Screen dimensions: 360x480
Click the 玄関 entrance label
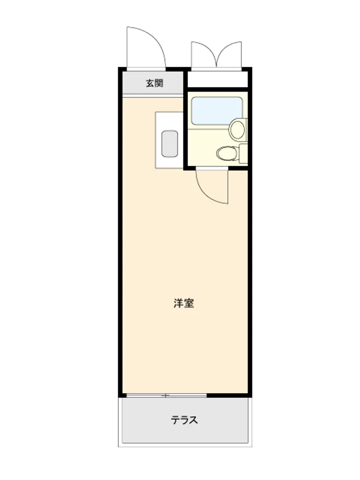[155, 83]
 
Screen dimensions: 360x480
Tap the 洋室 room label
[184, 303]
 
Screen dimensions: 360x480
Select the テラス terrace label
[184, 420]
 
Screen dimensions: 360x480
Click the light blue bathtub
[217, 110]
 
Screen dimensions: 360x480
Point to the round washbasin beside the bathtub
[237, 129]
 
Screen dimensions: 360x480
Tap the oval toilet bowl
[227, 153]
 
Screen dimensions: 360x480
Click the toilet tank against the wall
[243, 154]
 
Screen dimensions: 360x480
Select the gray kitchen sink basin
[169, 144]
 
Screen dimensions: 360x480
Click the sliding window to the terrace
[167, 396]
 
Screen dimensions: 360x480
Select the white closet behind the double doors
[217, 79]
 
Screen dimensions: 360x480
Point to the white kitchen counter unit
[169, 140]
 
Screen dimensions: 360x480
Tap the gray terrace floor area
[185, 420]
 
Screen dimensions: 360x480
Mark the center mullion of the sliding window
[166, 396]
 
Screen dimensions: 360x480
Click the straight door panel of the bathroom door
[228, 187]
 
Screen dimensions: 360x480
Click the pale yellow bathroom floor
[208, 141]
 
